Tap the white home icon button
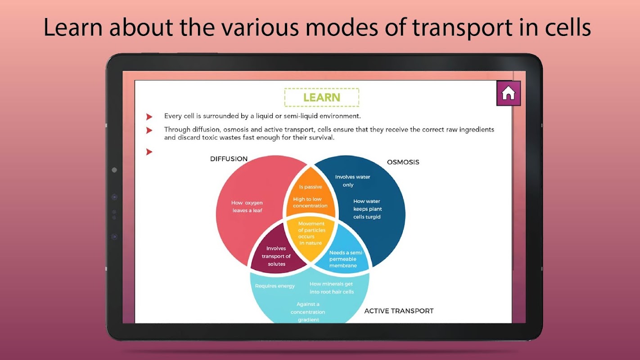pos(508,93)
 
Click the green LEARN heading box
pos(321,98)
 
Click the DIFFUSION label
pos(229,159)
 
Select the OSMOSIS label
pos(403,162)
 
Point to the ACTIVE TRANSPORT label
pos(399,311)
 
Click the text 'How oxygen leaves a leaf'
pos(247,207)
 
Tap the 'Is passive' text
pos(310,187)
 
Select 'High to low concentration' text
pos(310,202)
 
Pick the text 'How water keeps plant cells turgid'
pos(367,209)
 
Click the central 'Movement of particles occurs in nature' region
pos(311,233)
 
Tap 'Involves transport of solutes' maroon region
pos(276,256)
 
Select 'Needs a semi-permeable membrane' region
pos(346,259)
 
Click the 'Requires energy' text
pos(275,286)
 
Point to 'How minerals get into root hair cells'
pos(331,288)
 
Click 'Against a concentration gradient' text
pos(308,312)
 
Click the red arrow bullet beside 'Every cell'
pos(149,117)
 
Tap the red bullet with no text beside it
pos(149,152)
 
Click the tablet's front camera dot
pos(114,170)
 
